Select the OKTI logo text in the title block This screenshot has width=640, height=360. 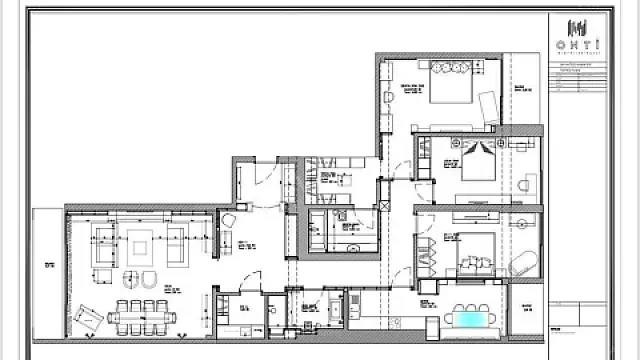[578, 46]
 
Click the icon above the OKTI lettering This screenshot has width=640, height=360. [578, 27]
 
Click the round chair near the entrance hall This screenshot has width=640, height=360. [229, 220]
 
